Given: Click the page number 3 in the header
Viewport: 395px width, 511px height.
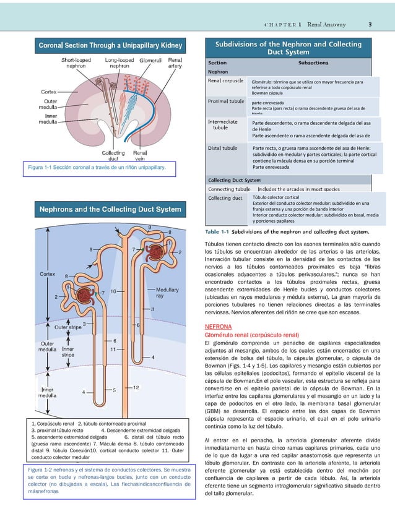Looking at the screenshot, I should point(370,25).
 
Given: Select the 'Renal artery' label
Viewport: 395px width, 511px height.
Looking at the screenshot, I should point(175,64).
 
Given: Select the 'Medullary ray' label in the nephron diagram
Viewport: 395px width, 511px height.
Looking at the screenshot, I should point(168,291).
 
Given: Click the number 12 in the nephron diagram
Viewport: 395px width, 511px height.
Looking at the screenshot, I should point(135,387).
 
